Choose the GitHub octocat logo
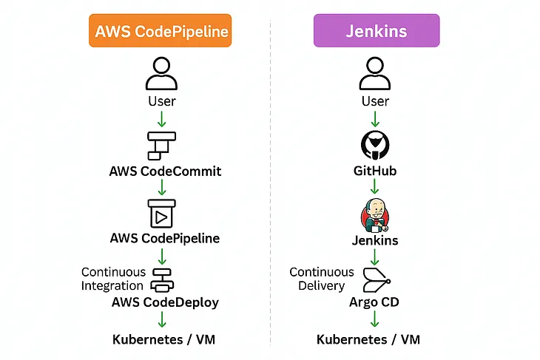[x=374, y=144]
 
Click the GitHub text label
[x=374, y=171]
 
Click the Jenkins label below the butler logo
[x=374, y=240]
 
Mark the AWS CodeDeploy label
[x=165, y=302]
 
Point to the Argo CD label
[x=374, y=302]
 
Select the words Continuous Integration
[x=113, y=279]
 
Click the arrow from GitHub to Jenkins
[x=374, y=188]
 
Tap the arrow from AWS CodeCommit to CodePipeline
[x=161, y=188]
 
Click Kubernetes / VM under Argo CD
[x=368, y=340]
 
